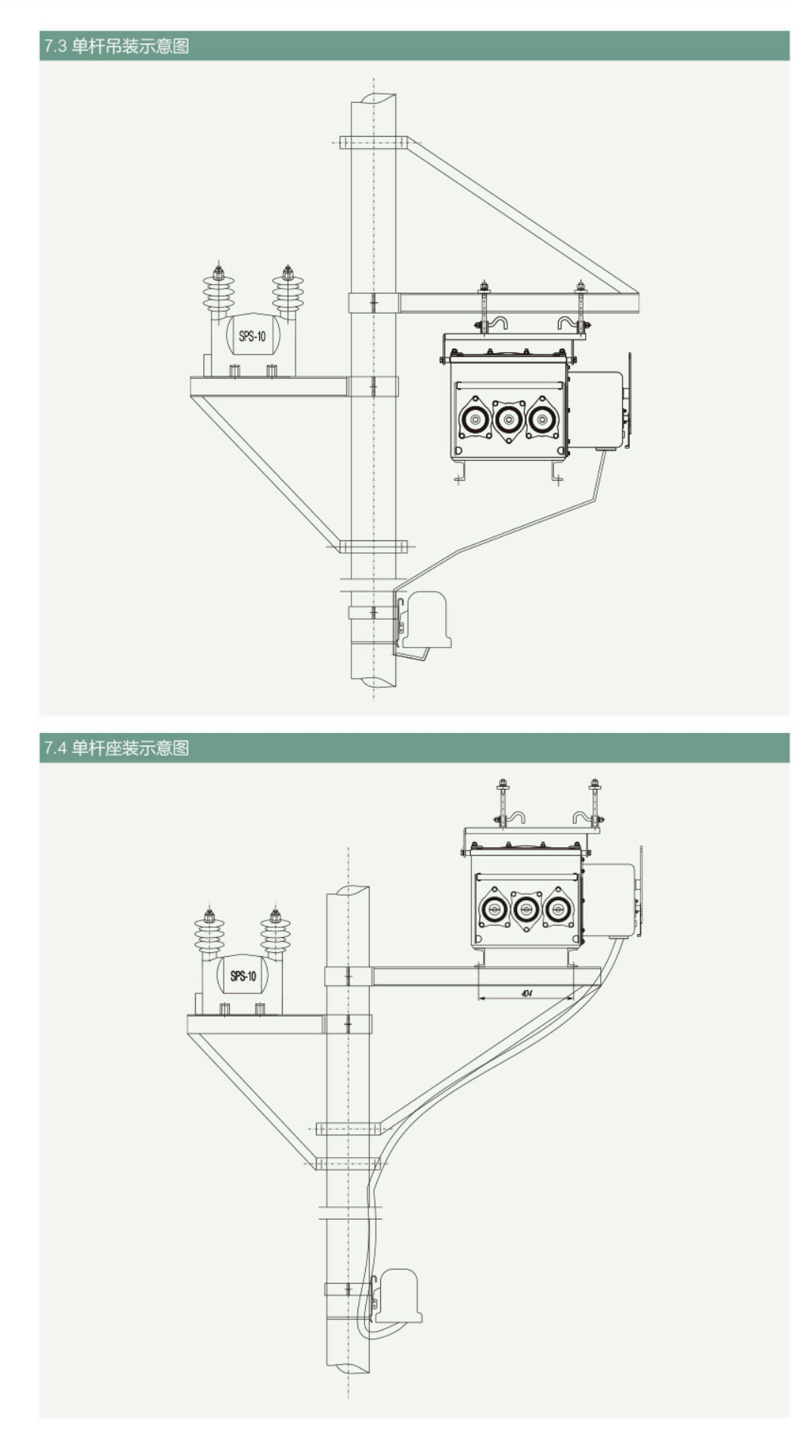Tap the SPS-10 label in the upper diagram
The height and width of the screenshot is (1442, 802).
[x=252, y=336]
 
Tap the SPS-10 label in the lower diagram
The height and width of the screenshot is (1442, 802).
[x=243, y=976]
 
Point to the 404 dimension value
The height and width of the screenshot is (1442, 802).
[x=527, y=992]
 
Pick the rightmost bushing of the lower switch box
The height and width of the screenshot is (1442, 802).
[x=558, y=908]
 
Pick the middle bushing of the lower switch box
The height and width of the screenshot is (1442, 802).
[x=526, y=908]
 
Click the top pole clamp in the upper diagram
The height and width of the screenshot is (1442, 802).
[x=373, y=142]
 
